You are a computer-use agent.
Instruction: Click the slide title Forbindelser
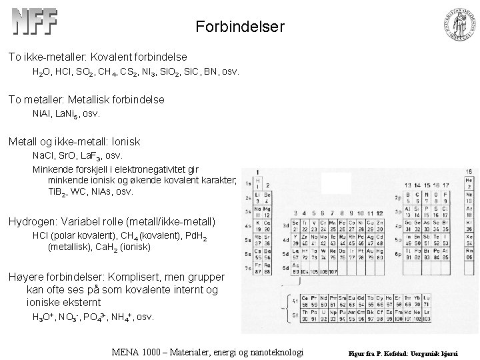[240, 27]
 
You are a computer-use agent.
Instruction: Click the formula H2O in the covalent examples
[41, 71]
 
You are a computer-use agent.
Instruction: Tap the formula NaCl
[43, 155]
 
